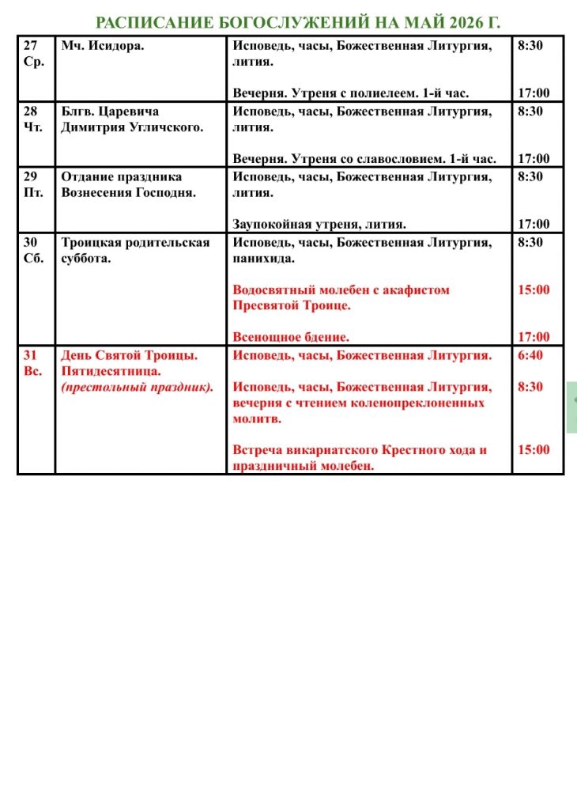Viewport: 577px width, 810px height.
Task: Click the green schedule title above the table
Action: click(297, 22)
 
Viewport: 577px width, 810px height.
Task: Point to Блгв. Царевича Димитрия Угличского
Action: click(132, 119)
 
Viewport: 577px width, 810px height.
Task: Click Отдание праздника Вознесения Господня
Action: click(129, 184)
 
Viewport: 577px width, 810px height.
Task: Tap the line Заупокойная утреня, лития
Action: click(319, 225)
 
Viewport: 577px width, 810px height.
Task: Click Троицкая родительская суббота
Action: click(135, 250)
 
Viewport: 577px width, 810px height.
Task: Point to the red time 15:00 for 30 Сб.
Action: click(534, 290)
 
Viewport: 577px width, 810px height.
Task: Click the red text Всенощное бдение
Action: click(291, 338)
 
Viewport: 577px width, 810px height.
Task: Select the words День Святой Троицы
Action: click(129, 356)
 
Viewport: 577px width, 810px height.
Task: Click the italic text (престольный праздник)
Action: click(138, 387)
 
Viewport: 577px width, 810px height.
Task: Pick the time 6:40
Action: click(530, 356)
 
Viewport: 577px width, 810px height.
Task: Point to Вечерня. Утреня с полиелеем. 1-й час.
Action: click(364, 93)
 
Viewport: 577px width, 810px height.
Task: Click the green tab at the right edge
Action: click(572, 407)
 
